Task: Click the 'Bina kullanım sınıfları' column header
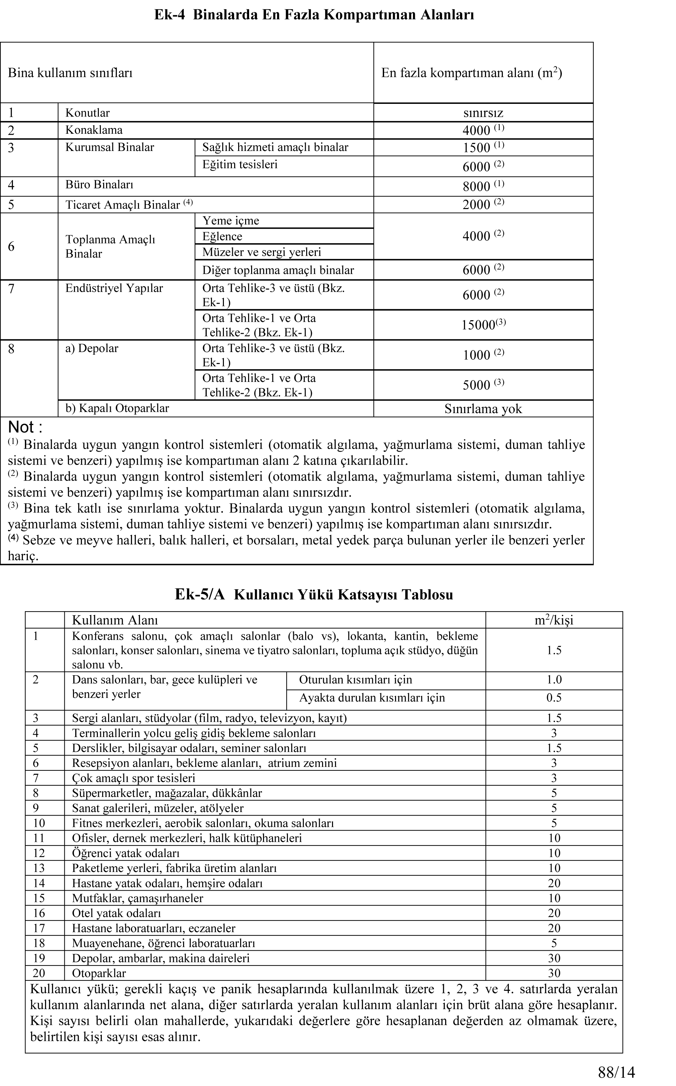[x=70, y=73]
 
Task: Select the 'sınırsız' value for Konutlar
[x=483, y=113]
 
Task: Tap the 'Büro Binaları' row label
[x=99, y=185]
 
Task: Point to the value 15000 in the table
[x=478, y=325]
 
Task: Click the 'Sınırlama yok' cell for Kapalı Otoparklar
[x=483, y=409]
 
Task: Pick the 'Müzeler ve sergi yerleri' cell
[x=262, y=252]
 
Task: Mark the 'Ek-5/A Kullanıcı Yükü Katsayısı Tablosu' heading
[x=314, y=595]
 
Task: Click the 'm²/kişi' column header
[x=554, y=620]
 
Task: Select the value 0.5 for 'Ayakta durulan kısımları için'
[x=554, y=698]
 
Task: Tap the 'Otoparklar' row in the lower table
[x=99, y=973]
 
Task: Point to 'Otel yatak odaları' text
[x=116, y=913]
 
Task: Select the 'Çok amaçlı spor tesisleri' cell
[x=134, y=778]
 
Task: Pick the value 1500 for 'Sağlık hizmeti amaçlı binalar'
[x=477, y=148]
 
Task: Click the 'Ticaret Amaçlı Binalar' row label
[x=122, y=205]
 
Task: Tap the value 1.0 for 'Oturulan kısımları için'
[x=554, y=680]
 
